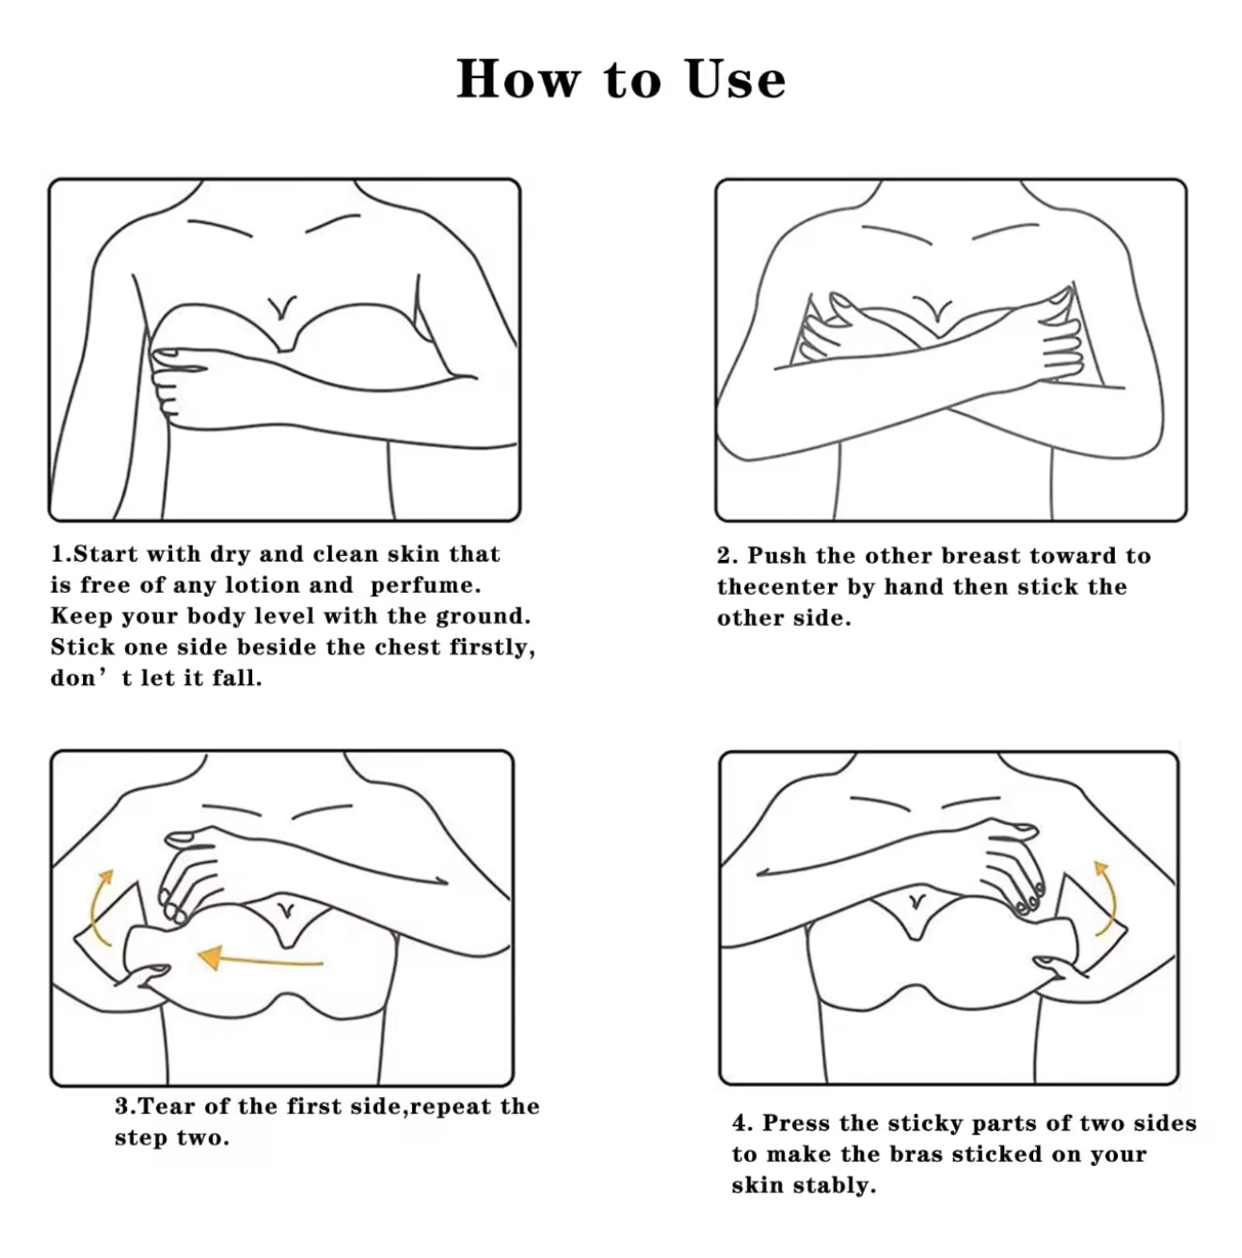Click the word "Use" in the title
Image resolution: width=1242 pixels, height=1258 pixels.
click(x=735, y=79)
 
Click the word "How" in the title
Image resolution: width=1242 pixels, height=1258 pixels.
click(x=517, y=79)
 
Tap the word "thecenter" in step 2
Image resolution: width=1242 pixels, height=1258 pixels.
click(x=777, y=586)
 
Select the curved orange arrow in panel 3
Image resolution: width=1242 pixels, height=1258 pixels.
click(x=99, y=907)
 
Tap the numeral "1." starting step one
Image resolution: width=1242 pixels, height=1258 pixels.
click(x=61, y=553)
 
